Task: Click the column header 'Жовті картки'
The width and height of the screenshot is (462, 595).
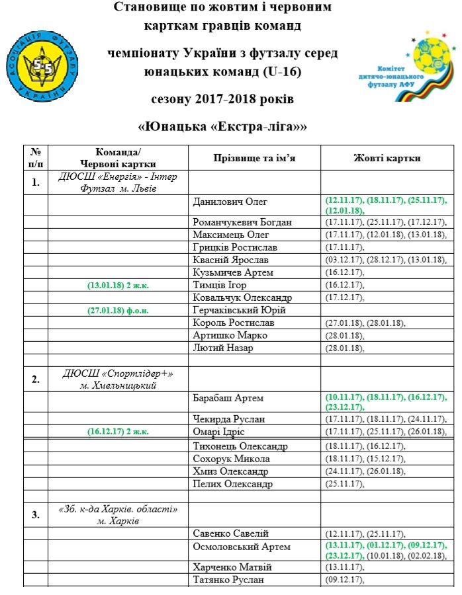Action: click(x=387, y=158)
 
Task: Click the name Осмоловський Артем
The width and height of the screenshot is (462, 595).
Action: click(x=242, y=547)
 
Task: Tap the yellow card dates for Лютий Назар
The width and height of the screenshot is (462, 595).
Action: click(x=344, y=348)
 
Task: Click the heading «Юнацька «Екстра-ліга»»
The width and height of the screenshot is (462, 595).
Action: click(x=227, y=125)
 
